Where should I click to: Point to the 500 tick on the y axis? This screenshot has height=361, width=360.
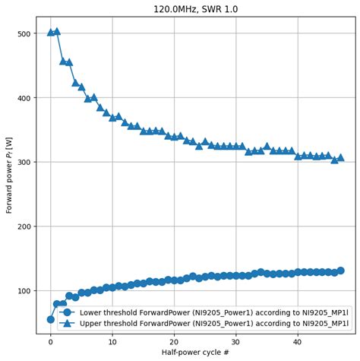tap(23, 33)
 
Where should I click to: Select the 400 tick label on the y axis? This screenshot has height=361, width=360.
tap(23, 98)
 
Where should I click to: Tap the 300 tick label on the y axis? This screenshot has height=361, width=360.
tap(23, 162)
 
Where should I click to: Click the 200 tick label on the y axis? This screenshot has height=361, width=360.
tap(23, 226)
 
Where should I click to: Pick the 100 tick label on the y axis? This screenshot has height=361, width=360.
tap(23, 291)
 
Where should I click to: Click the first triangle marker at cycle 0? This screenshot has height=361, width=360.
tap(51, 33)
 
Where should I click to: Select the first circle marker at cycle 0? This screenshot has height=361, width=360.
tap(51, 319)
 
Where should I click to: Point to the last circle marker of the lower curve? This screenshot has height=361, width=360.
tap(340, 271)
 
